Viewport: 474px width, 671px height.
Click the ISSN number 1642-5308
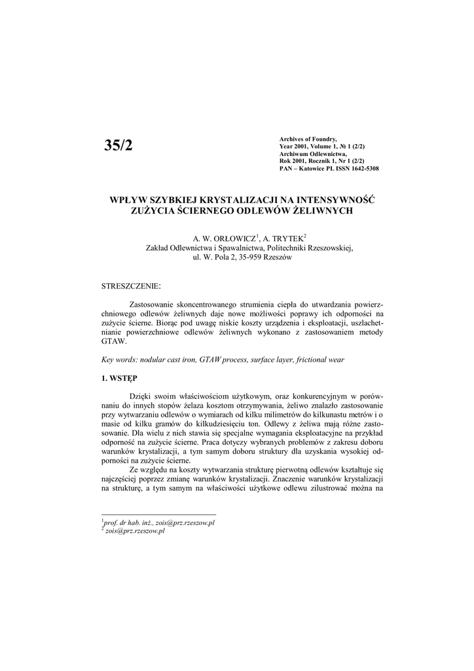[363, 168]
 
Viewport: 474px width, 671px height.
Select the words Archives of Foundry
[307, 140]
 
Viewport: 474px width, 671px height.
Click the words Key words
[117, 360]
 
